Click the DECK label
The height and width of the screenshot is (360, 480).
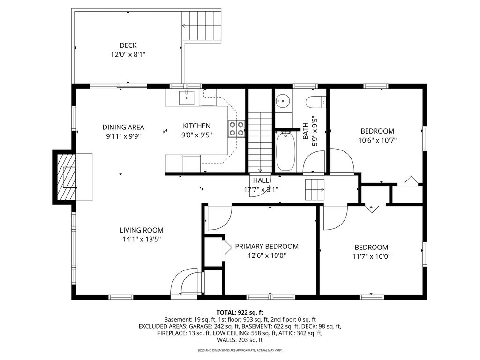tap(128, 45)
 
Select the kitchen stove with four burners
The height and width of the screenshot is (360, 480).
tap(236, 128)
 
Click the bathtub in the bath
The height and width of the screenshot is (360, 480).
tap(286, 151)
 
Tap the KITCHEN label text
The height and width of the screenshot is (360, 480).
tap(196, 126)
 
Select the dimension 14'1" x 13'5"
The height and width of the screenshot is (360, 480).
tap(142, 240)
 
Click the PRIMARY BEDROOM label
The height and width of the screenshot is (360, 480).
tap(267, 247)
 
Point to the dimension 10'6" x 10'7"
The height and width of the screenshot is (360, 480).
tap(377, 141)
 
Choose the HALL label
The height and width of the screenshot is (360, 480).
tap(261, 180)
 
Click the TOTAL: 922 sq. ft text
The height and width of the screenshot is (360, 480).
tap(240, 313)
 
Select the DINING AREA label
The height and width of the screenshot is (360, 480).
tap(123, 127)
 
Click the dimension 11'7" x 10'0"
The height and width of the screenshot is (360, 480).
tap(371, 256)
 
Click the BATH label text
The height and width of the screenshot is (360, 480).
tap(306, 131)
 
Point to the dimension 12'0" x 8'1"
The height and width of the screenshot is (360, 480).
tap(128, 55)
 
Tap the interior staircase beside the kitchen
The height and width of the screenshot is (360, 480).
tap(260, 142)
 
